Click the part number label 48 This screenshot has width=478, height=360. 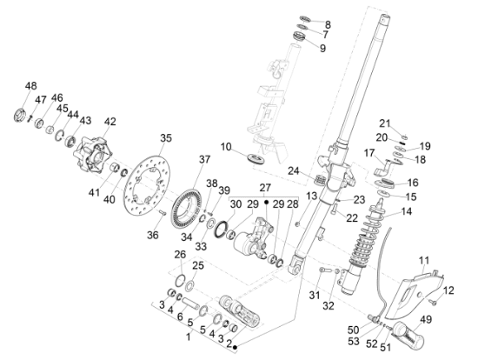[x=30, y=86]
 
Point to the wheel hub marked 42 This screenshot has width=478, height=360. [x=91, y=154]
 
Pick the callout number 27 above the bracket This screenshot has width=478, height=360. [x=265, y=187]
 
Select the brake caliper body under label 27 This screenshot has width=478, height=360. [x=254, y=239]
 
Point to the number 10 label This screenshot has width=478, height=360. [x=226, y=147]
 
